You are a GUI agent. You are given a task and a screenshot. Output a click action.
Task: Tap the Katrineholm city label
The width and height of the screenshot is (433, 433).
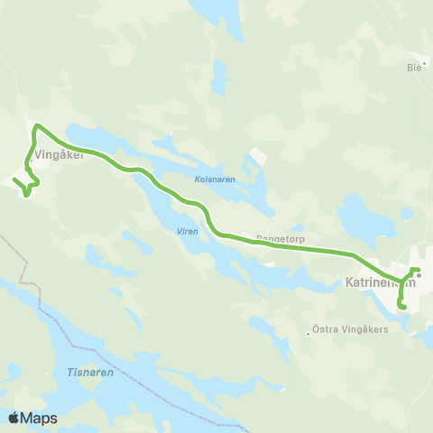pos(380,283)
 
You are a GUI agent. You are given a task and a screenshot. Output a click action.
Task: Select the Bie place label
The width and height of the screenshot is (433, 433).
pos(415,67)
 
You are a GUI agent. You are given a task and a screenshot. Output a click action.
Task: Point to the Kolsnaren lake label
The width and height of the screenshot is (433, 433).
pos(215,180)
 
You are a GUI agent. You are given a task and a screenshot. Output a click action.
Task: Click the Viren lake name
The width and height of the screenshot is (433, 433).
pos(188,231)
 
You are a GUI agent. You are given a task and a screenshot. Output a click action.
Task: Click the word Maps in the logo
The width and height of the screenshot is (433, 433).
pos(40,418)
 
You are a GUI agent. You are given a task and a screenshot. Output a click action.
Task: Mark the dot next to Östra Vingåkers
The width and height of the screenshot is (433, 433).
pos(309,333)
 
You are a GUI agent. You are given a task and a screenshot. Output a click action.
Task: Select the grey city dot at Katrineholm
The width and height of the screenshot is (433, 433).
pos(419,276)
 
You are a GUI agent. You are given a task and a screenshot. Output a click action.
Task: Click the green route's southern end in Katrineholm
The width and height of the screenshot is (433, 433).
pos(403,309)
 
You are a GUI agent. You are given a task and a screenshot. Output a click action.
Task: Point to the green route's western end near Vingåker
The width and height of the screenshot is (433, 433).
pos(14,180)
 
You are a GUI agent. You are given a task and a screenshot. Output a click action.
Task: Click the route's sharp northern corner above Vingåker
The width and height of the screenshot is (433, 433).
pos(36,126)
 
